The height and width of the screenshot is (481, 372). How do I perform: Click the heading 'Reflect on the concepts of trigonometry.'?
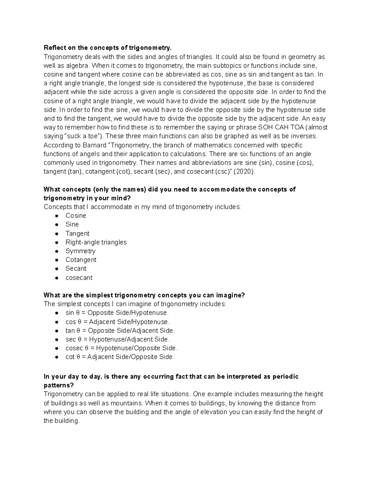(x=107, y=48)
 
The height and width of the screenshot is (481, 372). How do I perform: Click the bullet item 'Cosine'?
(x=76, y=216)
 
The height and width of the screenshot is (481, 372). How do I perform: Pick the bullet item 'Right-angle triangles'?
(x=96, y=242)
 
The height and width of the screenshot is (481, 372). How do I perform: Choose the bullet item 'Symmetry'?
(x=80, y=251)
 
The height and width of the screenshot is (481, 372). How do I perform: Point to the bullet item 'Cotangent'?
(x=81, y=260)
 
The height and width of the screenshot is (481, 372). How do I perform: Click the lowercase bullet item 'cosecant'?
(x=79, y=278)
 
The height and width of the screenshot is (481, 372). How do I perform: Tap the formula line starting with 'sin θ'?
(x=117, y=313)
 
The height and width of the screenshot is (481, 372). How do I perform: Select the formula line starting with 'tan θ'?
(x=120, y=330)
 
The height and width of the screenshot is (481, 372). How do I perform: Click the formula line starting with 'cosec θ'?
(x=122, y=348)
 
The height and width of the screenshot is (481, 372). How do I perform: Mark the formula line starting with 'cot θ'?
(x=120, y=357)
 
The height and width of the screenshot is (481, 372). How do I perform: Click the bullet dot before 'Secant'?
(x=57, y=269)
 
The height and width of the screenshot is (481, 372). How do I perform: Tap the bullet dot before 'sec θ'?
(x=57, y=340)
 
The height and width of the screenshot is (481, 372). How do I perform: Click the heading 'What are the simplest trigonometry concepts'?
(x=144, y=295)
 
